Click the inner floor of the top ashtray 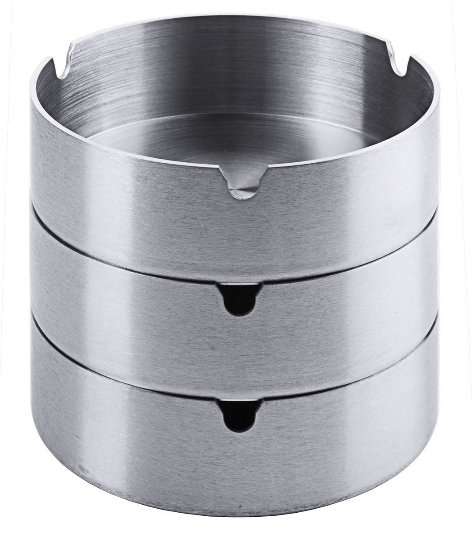click(232, 138)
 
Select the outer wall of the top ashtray click(134, 205)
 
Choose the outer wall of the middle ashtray click(134, 312)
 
